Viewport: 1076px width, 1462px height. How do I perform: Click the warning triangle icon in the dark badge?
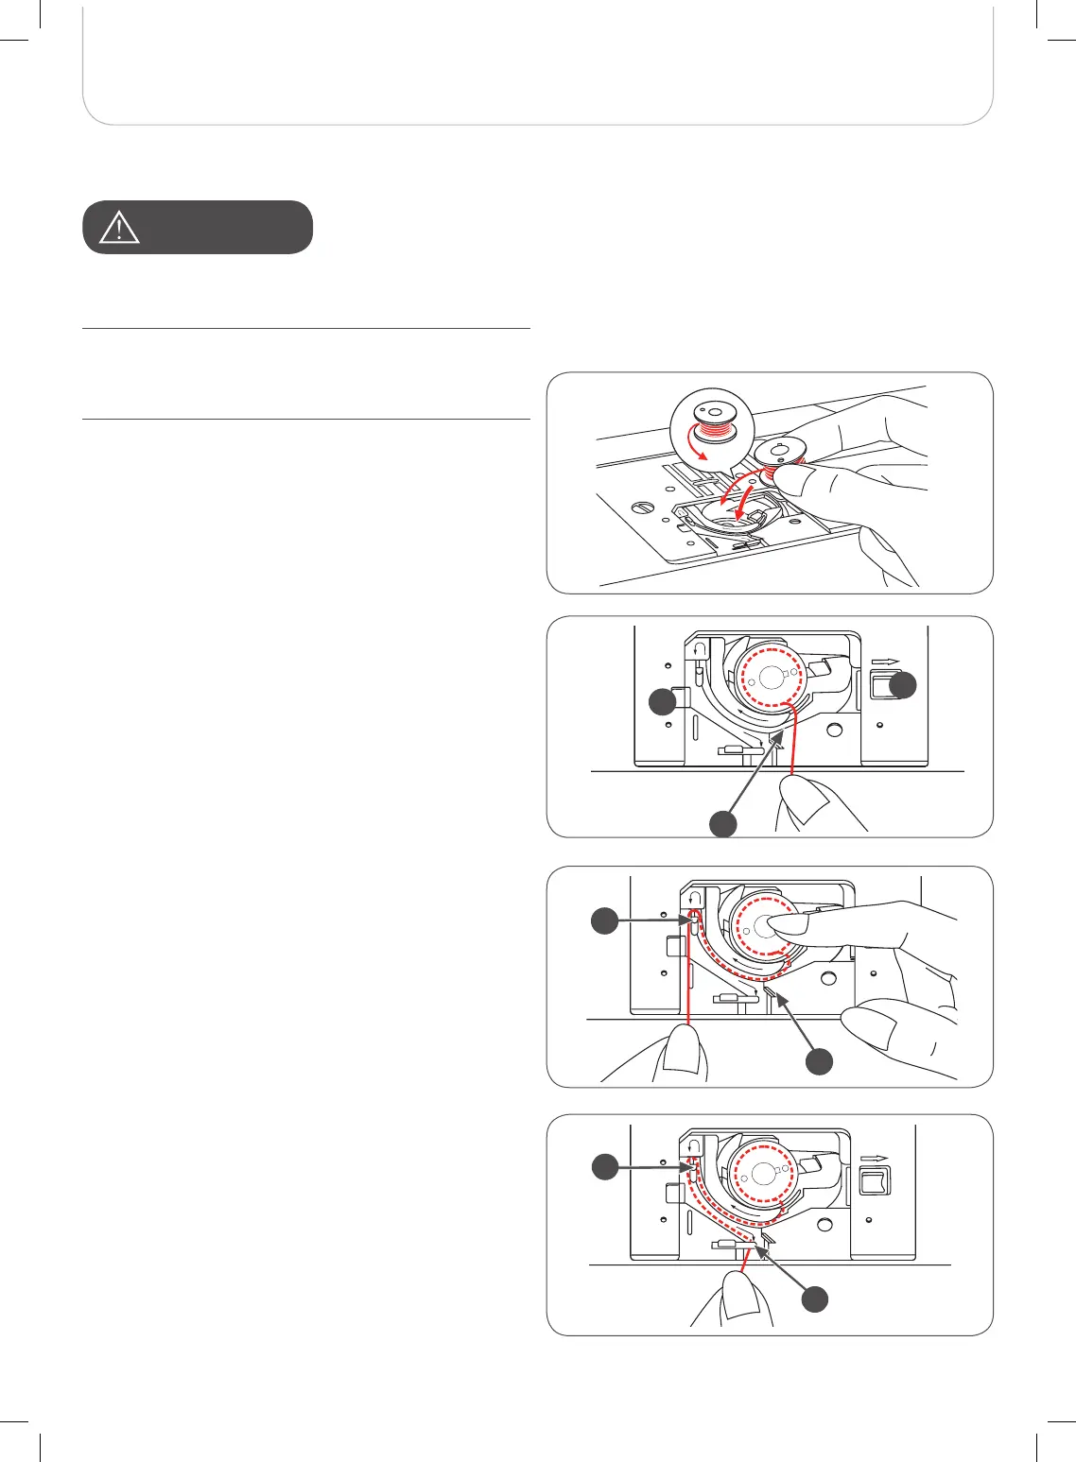[x=119, y=228]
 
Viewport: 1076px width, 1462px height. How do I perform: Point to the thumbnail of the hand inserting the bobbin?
[x=770, y=483]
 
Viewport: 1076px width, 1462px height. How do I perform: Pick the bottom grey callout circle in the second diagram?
[x=723, y=823]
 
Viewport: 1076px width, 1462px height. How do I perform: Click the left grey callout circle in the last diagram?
[x=604, y=1169]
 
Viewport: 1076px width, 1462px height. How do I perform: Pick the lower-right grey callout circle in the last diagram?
[x=815, y=1300]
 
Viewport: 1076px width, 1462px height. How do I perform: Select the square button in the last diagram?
[x=874, y=1179]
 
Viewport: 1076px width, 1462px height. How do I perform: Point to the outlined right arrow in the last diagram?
[x=873, y=1157]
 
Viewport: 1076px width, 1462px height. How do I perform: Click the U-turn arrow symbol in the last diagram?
[x=692, y=1146]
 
